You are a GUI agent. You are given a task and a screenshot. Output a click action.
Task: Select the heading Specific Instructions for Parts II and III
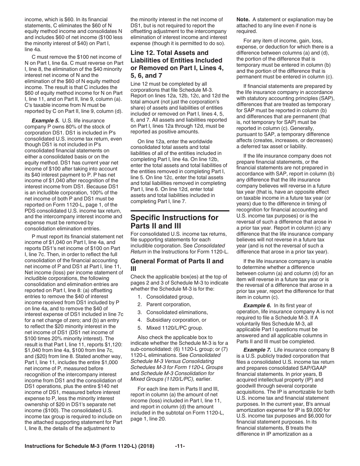[x=174, y=222]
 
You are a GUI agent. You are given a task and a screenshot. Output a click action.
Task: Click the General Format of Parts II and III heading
[x=177, y=264]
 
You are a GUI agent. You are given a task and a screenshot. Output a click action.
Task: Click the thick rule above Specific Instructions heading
[x=180, y=210]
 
